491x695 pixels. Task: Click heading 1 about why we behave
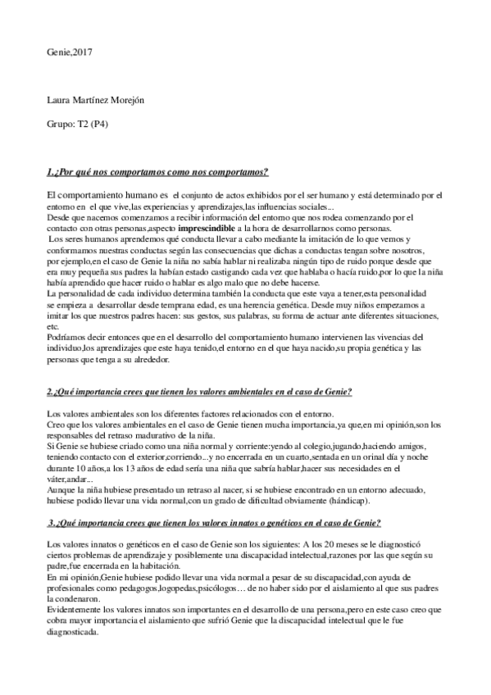tap(157, 172)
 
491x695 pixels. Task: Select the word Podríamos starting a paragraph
tap(67, 336)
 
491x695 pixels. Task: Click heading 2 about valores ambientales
tap(199, 393)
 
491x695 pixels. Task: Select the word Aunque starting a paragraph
tap(62, 488)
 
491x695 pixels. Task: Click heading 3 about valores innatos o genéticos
tap(214, 523)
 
